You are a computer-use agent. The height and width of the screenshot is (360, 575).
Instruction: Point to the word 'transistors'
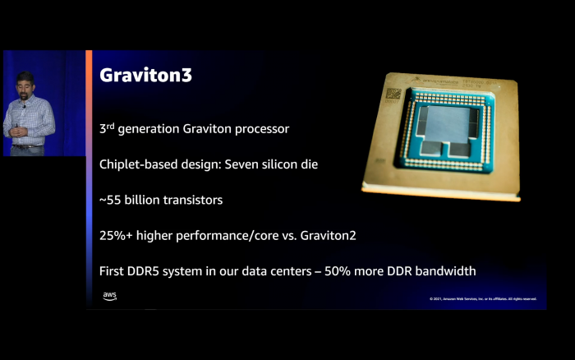pos(192,200)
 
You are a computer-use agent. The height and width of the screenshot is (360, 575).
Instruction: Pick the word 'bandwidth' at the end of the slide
pos(444,270)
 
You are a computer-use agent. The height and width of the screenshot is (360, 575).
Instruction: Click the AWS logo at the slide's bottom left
pos(110,296)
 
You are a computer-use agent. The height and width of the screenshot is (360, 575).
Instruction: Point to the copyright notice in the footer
pos(482,298)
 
